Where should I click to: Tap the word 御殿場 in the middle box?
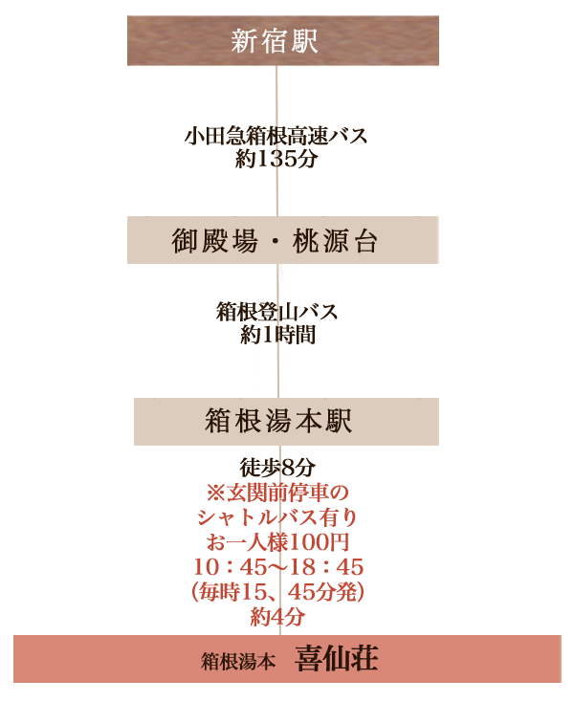216,240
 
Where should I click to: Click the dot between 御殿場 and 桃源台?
277,241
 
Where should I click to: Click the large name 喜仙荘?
336,659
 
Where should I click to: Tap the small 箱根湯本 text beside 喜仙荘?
238,661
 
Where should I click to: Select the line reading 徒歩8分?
273,469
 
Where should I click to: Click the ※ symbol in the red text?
214,494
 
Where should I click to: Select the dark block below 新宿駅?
276,145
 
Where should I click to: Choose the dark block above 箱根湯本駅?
277,321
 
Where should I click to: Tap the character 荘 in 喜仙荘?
364,659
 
